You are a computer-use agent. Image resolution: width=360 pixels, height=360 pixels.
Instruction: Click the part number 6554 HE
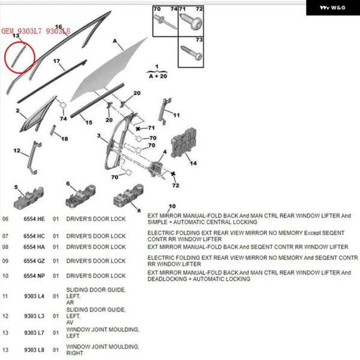(x=34, y=219)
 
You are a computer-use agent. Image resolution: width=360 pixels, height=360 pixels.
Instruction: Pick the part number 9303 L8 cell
(x=34, y=350)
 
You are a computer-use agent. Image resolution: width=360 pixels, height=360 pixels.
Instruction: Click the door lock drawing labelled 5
(x=29, y=198)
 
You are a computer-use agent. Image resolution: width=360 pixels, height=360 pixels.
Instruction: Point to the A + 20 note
(x=157, y=75)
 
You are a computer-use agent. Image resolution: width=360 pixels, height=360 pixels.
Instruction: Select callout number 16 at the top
(x=59, y=26)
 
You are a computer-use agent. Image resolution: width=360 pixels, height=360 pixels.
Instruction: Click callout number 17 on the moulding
(x=57, y=61)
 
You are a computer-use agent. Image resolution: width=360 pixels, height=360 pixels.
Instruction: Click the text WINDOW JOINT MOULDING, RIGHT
(x=103, y=350)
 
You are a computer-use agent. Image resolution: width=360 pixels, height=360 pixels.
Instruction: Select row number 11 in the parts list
(x=5, y=296)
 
